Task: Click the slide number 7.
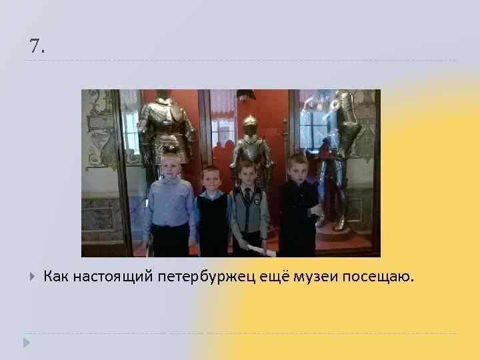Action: (37, 47)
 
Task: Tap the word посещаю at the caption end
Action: (378, 276)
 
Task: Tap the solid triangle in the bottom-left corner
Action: (27, 343)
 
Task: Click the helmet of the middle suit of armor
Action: (250, 125)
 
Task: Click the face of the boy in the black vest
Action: (211, 180)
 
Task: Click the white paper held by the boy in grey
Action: (257, 249)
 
